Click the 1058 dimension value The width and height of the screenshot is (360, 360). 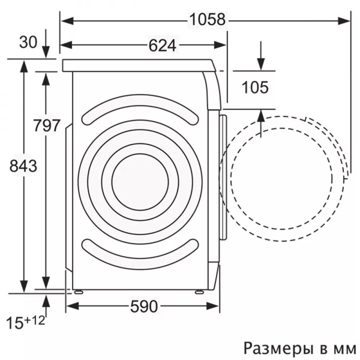point(208,19)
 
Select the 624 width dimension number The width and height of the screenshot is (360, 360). point(162,45)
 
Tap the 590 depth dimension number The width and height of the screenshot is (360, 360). point(144,306)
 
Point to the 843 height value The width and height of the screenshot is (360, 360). point(23,166)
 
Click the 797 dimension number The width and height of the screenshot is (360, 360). point(46,125)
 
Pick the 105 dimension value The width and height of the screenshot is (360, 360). point(255,87)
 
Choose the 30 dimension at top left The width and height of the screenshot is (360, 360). point(28,42)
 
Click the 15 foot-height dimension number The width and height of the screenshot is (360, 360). point(15,323)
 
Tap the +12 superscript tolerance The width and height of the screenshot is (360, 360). point(35,320)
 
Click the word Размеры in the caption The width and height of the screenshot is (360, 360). point(279,348)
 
